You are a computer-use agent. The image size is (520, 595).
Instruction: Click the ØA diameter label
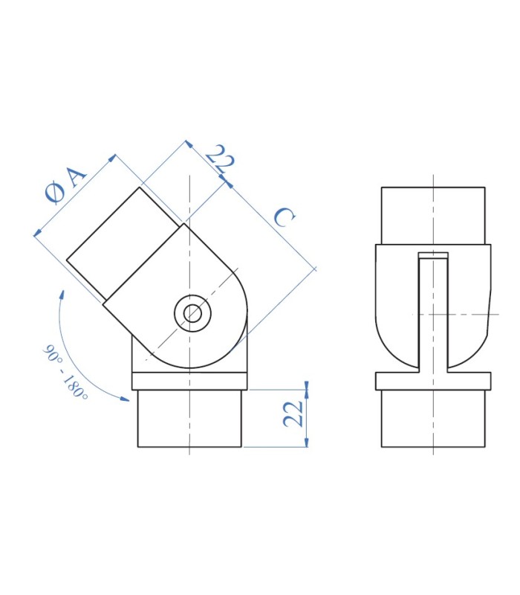[x=66, y=184]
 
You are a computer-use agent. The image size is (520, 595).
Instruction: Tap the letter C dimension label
[x=285, y=217]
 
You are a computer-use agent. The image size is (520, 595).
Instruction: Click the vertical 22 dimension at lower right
[x=293, y=414]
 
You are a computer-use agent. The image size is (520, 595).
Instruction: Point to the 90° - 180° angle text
[x=65, y=372]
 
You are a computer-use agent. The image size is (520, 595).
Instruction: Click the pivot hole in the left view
[x=192, y=313]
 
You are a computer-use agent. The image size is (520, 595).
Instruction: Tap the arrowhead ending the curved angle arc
[x=125, y=398]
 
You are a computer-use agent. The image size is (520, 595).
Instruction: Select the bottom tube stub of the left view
[x=189, y=418]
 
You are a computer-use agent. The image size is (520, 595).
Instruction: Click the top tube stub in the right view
[x=433, y=216]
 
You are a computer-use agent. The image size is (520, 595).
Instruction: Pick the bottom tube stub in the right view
[x=433, y=418]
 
